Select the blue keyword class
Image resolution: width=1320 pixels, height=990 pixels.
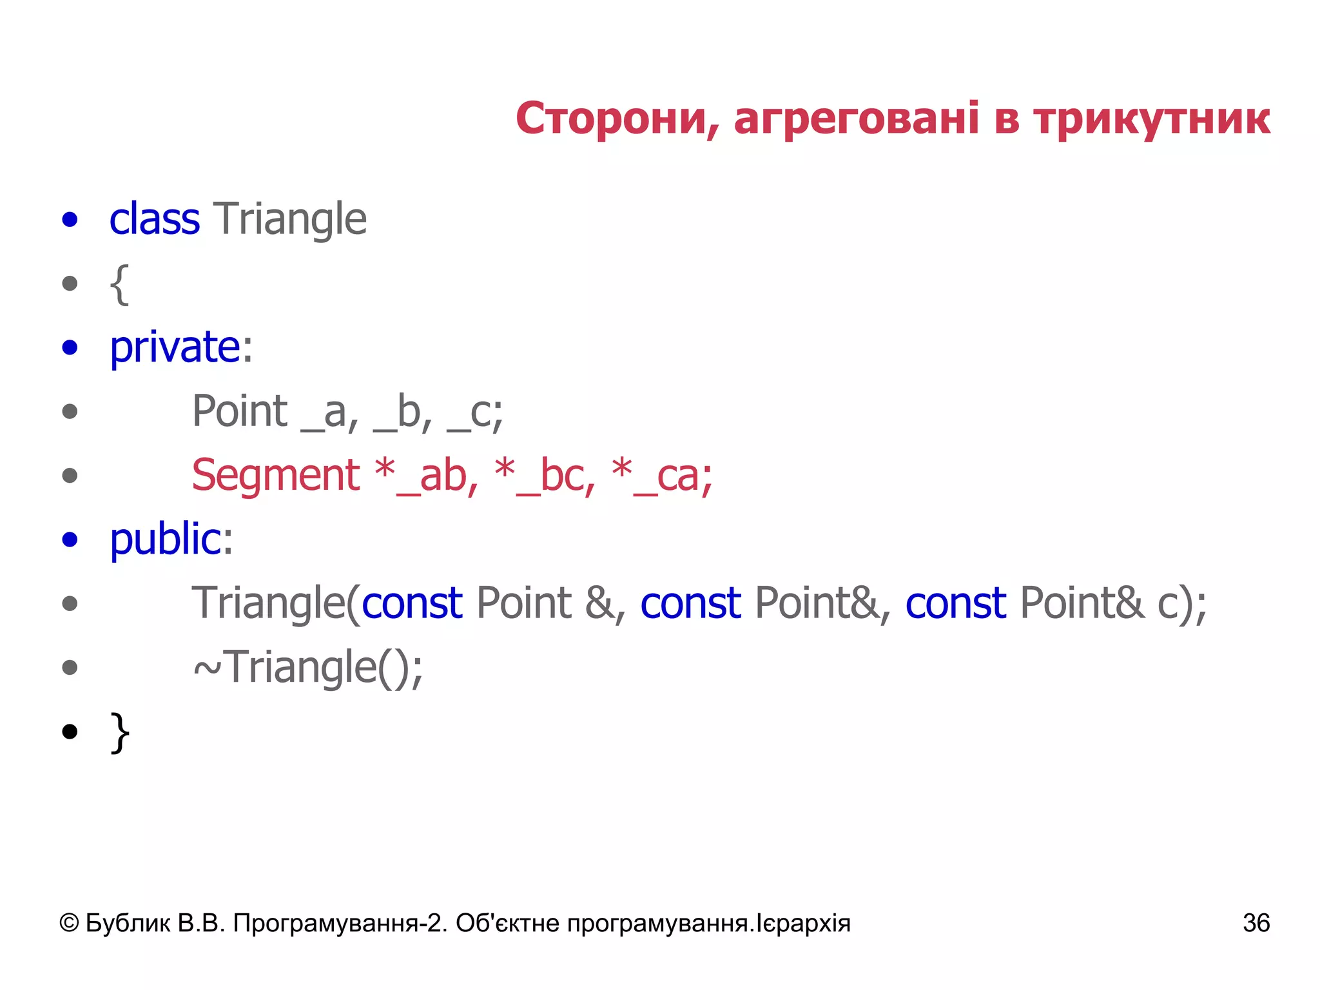click(x=155, y=219)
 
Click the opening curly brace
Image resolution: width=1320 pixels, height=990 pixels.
click(x=120, y=284)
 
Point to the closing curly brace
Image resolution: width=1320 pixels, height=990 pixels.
click(x=120, y=732)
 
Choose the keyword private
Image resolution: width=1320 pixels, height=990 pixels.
click(x=175, y=347)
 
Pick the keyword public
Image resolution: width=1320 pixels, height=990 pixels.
click(x=166, y=539)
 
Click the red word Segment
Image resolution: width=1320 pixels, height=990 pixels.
click(x=276, y=476)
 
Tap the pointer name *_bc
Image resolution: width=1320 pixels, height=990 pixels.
click(x=545, y=476)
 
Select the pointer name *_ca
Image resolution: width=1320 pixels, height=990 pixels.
click(x=661, y=476)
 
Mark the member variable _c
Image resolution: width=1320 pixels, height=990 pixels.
click(x=474, y=412)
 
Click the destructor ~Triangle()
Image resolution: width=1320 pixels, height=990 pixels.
click(x=308, y=667)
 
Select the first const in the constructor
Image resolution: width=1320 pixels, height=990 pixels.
click(x=412, y=603)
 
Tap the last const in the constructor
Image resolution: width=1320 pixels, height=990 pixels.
click(x=956, y=603)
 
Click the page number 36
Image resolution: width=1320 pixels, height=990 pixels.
click(x=1256, y=923)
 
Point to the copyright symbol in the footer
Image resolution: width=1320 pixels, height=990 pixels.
click(x=69, y=923)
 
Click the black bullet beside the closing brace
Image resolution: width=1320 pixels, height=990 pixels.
click(x=70, y=732)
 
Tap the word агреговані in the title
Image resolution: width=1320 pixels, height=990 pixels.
click(x=857, y=119)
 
